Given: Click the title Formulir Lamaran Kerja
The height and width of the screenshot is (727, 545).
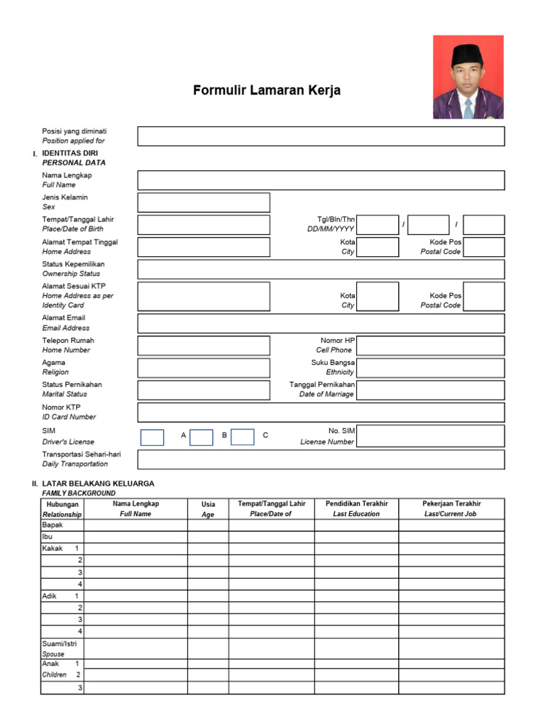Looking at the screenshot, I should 267,91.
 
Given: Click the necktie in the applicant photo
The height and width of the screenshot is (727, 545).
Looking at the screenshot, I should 468,109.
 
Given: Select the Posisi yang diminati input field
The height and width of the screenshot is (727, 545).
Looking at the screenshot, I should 321,136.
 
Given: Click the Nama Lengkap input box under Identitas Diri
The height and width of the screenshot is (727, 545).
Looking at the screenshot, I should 321,180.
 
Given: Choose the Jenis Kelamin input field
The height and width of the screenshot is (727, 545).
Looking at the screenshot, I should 204,202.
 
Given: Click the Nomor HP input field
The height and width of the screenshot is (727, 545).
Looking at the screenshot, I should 431,346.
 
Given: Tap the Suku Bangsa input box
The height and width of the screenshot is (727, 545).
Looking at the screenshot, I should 431,368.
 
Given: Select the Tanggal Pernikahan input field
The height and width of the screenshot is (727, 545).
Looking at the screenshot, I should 431,390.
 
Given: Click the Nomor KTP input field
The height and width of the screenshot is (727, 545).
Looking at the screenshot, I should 321,412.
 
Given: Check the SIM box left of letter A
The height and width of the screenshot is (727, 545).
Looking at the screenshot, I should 152,437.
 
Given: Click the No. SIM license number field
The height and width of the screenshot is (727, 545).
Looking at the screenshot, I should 431,436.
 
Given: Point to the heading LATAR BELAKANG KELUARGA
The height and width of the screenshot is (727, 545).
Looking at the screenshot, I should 98,483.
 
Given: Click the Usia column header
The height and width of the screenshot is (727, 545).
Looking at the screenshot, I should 208,508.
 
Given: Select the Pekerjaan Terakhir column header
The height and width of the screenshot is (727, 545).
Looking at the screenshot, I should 451,508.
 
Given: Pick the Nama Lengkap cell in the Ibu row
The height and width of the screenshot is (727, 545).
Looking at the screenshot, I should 136,537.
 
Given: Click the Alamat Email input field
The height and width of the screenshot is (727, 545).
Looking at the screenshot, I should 321,324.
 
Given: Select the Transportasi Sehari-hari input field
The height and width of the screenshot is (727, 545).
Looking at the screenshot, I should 321,459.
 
